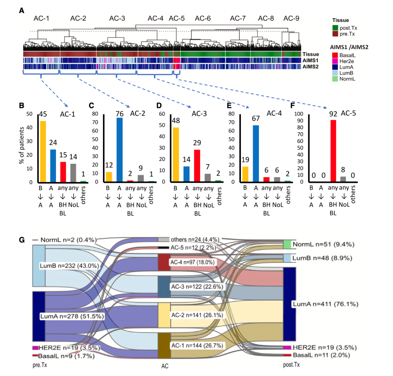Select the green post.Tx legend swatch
(x=335, y=28)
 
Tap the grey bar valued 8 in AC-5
(x=343, y=179)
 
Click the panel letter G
(x=22, y=241)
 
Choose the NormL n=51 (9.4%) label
(x=322, y=244)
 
